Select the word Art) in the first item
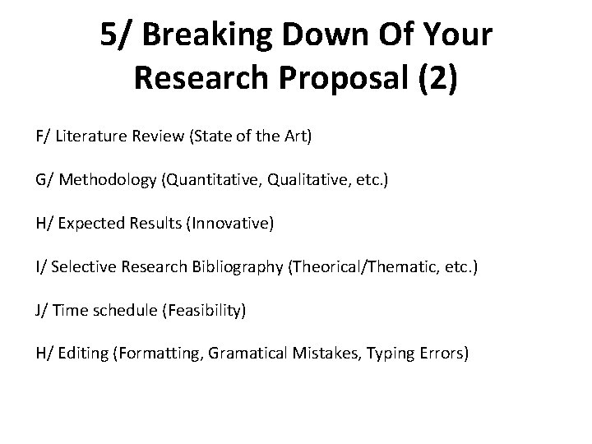[295, 135]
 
